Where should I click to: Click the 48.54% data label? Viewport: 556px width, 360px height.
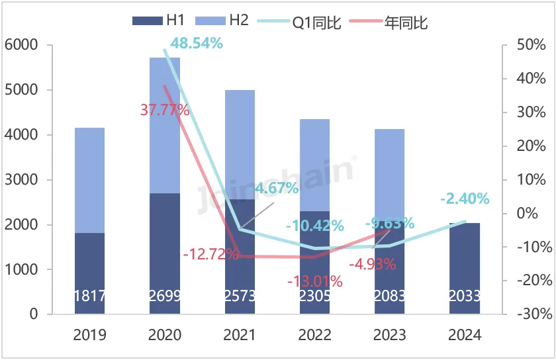coord(196,44)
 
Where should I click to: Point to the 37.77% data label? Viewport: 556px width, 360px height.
coord(165,110)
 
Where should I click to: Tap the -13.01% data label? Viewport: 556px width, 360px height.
coord(315,281)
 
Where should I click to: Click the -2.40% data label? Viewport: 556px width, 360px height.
coord(465,199)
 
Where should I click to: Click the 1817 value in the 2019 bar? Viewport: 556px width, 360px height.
coord(90,296)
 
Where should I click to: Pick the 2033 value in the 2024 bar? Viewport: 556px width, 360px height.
coord(464,296)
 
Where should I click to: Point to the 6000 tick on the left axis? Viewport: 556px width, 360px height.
coord(25,46)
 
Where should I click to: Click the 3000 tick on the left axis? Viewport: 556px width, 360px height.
coord(25,180)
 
